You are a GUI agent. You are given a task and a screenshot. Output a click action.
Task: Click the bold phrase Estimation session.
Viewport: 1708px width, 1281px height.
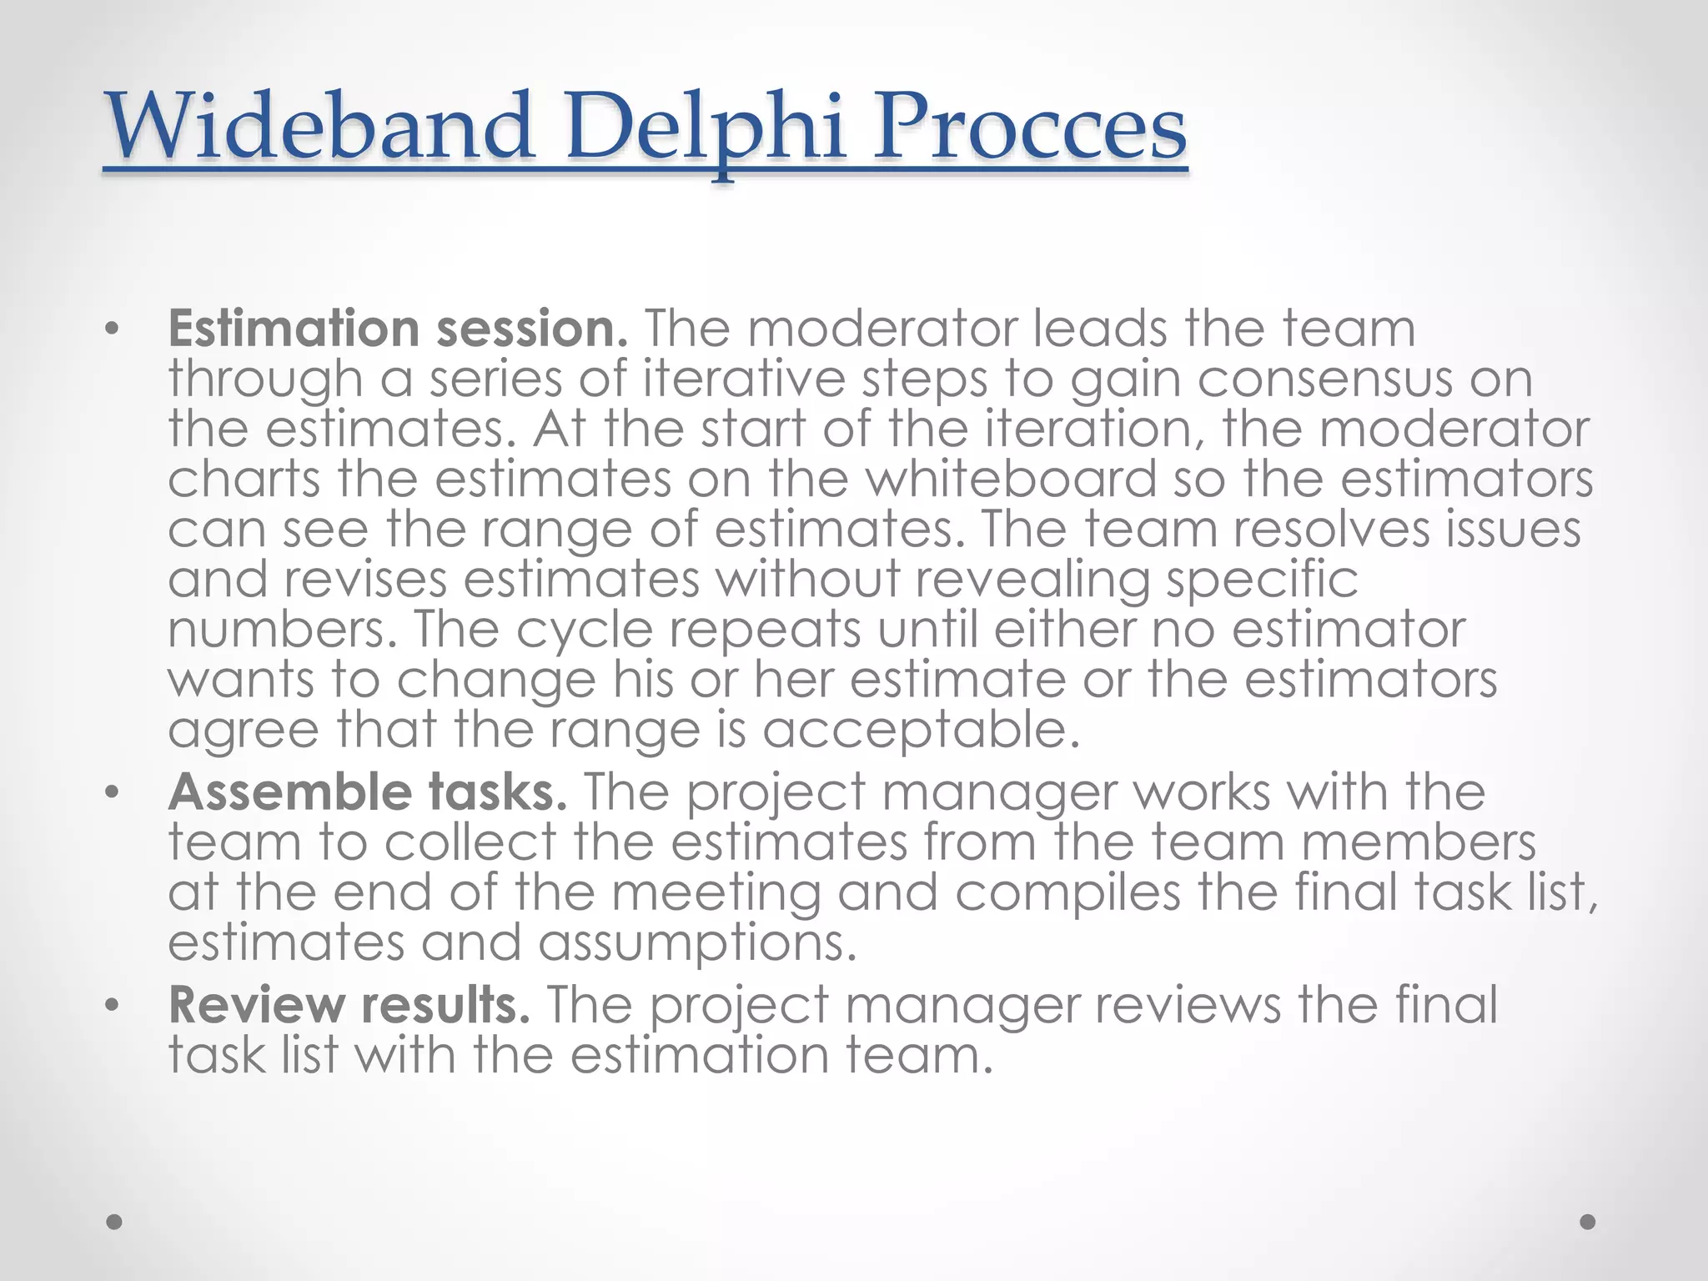pos(398,329)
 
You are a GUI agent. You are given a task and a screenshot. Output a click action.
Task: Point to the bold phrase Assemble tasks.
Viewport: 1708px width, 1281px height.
pos(368,792)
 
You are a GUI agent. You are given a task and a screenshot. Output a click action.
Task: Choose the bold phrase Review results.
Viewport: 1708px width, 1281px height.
pos(349,1005)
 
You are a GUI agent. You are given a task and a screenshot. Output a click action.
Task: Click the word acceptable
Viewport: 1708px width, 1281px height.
pos(921,731)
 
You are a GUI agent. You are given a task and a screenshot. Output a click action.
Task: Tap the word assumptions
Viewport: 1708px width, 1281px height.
pos(697,943)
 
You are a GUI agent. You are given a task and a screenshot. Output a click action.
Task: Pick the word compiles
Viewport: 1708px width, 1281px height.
pos(1067,893)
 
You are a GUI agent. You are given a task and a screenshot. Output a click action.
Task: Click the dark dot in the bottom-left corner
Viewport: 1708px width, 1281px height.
pos(115,1222)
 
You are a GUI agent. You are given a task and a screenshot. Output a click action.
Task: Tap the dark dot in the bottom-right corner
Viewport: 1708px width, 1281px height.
pos(1588,1222)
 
